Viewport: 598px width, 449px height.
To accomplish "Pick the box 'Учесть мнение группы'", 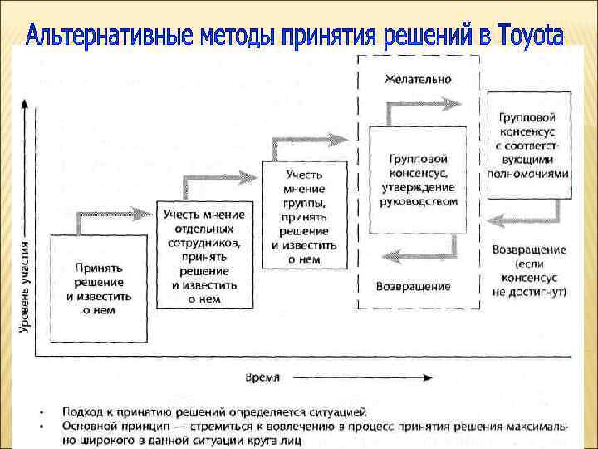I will tap(304, 215).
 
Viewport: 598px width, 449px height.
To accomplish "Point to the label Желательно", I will tap(418, 80).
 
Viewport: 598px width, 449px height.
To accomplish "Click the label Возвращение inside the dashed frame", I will tap(414, 287).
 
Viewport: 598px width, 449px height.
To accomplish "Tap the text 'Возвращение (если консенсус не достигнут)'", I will tap(529, 271).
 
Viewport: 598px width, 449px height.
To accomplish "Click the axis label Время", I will tap(263, 377).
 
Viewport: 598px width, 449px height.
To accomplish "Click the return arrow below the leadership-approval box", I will tap(415, 249).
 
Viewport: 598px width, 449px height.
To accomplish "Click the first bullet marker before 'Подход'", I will tap(42, 412).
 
